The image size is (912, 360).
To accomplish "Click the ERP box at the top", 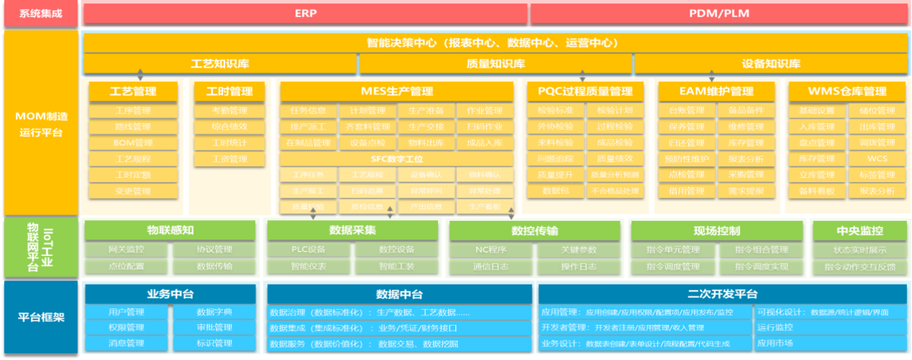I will click(x=305, y=13).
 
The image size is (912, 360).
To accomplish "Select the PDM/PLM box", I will click(x=719, y=13).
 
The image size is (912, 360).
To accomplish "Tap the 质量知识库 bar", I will click(x=495, y=64).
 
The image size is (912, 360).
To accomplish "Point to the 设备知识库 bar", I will click(x=771, y=64).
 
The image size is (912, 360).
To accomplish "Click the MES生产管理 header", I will click(x=396, y=92).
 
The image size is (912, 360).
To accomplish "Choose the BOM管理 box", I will click(x=133, y=143).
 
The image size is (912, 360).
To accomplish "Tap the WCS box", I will click(x=877, y=158).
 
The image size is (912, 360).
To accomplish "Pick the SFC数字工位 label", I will click(x=396, y=159).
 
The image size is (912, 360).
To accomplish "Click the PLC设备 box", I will click(x=308, y=250).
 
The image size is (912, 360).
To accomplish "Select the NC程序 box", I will click(x=491, y=250).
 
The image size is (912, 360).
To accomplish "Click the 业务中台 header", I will click(x=170, y=294).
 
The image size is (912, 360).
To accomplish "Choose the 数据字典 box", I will click(x=214, y=312).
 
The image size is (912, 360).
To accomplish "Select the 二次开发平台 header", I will click(x=722, y=294).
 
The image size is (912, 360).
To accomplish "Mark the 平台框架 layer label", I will click(x=41, y=316).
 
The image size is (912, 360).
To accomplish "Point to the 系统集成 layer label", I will click(x=39, y=13).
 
